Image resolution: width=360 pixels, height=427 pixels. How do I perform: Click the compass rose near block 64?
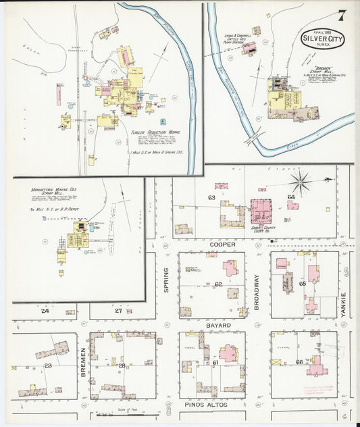(x=301, y=180)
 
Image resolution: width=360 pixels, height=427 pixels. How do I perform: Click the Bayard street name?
(x=219, y=325)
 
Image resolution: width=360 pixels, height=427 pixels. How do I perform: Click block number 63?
(x=211, y=197)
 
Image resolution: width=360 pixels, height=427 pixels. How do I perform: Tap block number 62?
(x=218, y=284)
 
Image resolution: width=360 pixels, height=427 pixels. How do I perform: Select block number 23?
(x=48, y=366)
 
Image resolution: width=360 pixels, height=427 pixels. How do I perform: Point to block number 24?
(x=45, y=311)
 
